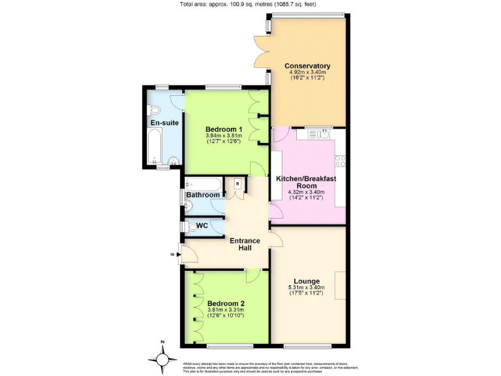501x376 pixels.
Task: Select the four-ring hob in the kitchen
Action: [341, 160]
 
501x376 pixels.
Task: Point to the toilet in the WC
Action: [192, 227]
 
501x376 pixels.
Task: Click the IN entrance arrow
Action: [173, 254]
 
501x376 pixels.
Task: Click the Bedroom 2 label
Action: [226, 304]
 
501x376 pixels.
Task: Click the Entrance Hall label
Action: [245, 245]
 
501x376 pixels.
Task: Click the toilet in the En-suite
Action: [154, 110]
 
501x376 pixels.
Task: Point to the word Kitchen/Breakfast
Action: [306, 178]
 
